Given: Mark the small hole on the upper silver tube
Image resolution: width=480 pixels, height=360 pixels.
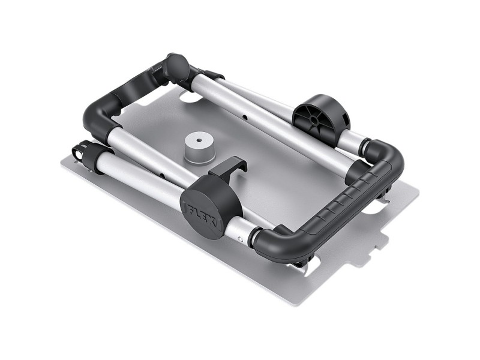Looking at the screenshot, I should click(x=244, y=112).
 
